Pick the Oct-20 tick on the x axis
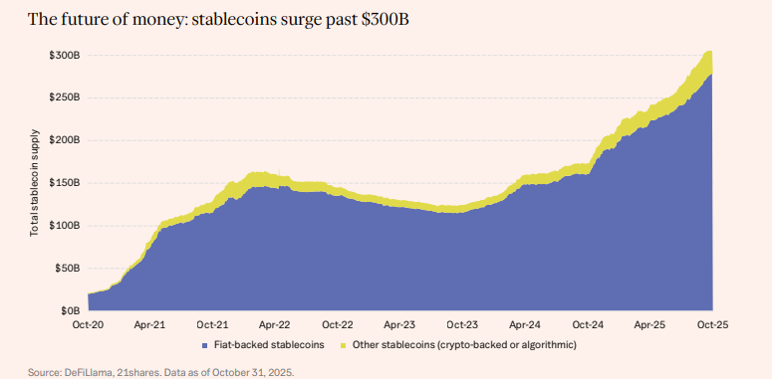(x=88, y=325)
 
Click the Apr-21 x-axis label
(x=149, y=325)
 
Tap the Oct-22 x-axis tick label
(x=337, y=325)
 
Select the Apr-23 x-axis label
(x=399, y=325)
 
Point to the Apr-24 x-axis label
(x=525, y=325)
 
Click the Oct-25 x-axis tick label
(x=712, y=325)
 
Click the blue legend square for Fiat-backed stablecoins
(x=204, y=345)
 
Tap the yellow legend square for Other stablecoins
(x=343, y=345)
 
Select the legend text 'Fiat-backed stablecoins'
(x=268, y=345)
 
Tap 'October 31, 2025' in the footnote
(x=254, y=371)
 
